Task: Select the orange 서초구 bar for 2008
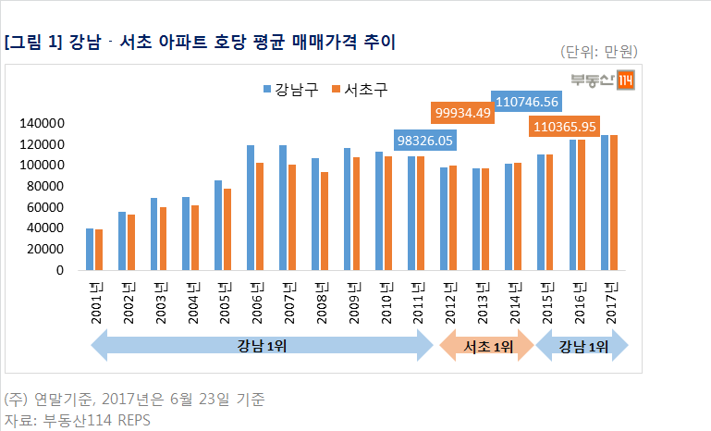pos(324,221)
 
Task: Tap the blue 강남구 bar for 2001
pos(90,249)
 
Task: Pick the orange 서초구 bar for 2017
pos(613,203)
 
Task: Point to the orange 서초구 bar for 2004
pos(195,238)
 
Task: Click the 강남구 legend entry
pos(289,90)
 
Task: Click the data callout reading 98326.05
pos(425,141)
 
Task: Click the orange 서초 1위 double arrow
pos(487,347)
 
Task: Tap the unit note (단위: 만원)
pos(599,51)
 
